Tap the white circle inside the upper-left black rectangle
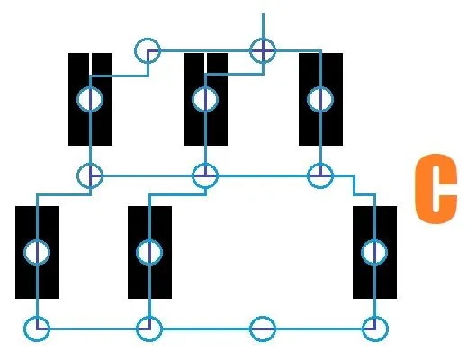point(90,99)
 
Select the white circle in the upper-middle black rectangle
point(205,99)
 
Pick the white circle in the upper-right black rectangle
point(320,99)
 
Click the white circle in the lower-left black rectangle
point(37,252)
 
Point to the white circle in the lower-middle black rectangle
point(149,252)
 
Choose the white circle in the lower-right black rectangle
point(374,252)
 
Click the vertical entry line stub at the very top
point(263,25)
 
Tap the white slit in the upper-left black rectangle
point(90,64)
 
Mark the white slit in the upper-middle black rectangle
point(205,64)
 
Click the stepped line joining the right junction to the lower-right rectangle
point(355,185)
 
